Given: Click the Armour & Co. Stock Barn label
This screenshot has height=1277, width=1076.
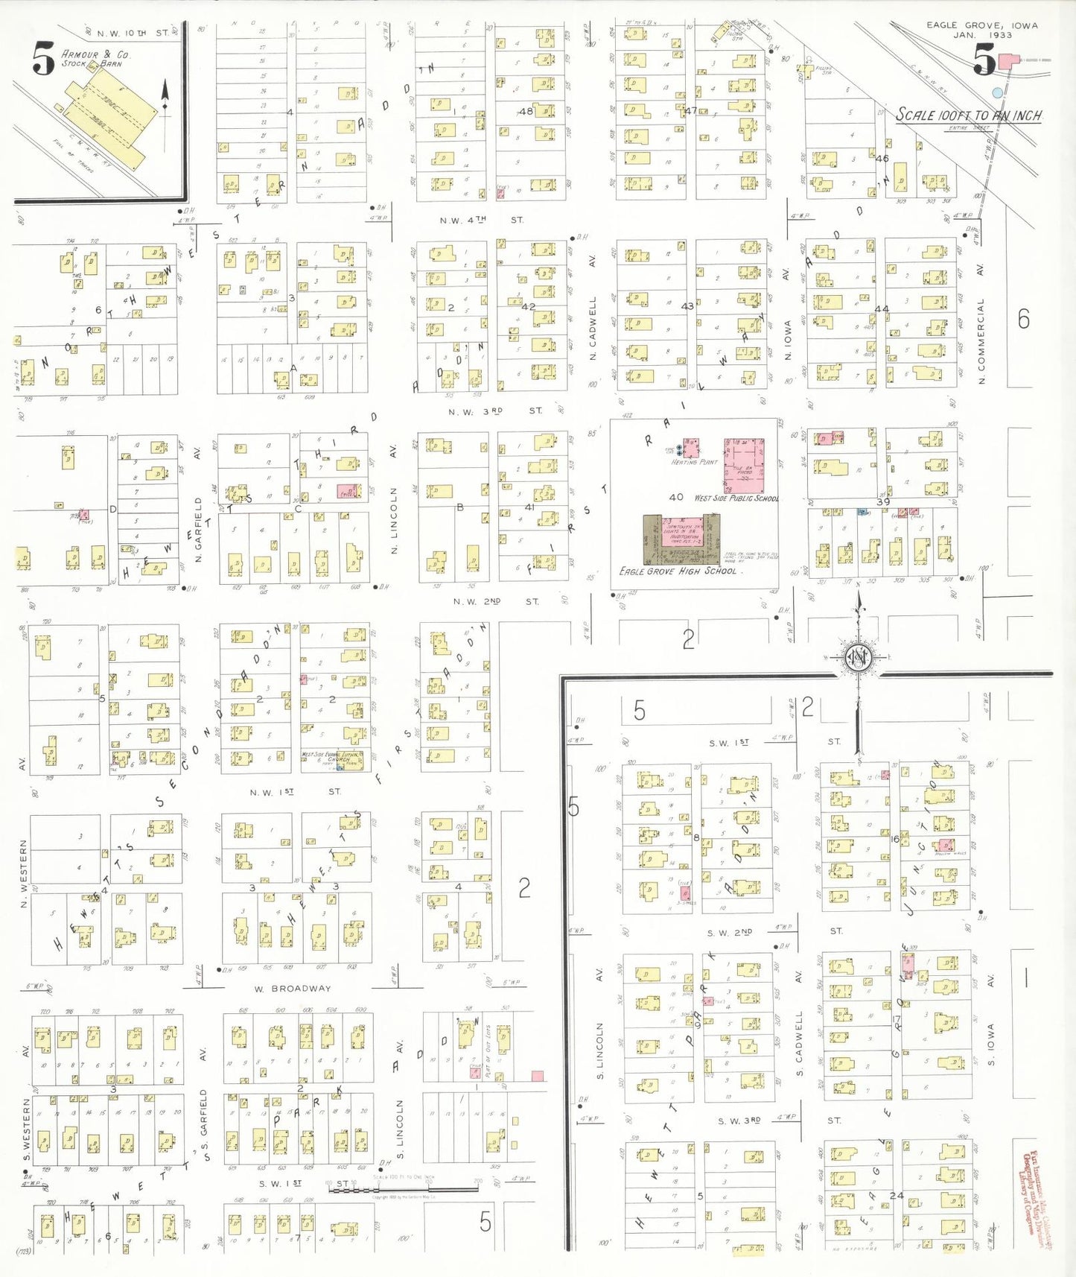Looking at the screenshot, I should pyautogui.click(x=95, y=59).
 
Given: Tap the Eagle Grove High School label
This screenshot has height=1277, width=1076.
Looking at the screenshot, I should pyautogui.click(x=678, y=571).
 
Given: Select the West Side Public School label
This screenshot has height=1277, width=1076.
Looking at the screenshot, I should pyautogui.click(x=736, y=498).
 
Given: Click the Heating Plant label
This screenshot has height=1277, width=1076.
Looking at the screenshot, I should pyautogui.click(x=694, y=462).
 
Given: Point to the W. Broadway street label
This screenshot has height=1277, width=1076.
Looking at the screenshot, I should pyautogui.click(x=292, y=989).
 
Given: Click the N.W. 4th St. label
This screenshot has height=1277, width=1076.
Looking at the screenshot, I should pyautogui.click(x=481, y=220).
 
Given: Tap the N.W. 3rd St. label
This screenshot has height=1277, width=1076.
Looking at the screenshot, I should pyautogui.click(x=495, y=411).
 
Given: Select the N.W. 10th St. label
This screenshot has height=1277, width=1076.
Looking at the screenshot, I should pyautogui.click(x=127, y=34).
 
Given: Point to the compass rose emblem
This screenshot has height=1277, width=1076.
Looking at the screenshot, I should pyautogui.click(x=858, y=657).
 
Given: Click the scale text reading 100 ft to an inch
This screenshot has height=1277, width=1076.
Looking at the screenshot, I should pyautogui.click(x=968, y=115).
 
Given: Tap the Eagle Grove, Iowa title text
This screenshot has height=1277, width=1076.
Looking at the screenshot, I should pyautogui.click(x=981, y=30).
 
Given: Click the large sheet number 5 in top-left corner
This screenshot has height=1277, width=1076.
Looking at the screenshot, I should pyautogui.click(x=43, y=59).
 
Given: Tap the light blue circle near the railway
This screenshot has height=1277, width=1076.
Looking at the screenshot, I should pyautogui.click(x=997, y=92).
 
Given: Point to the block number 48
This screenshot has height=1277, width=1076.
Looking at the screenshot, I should pyautogui.click(x=526, y=111).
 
